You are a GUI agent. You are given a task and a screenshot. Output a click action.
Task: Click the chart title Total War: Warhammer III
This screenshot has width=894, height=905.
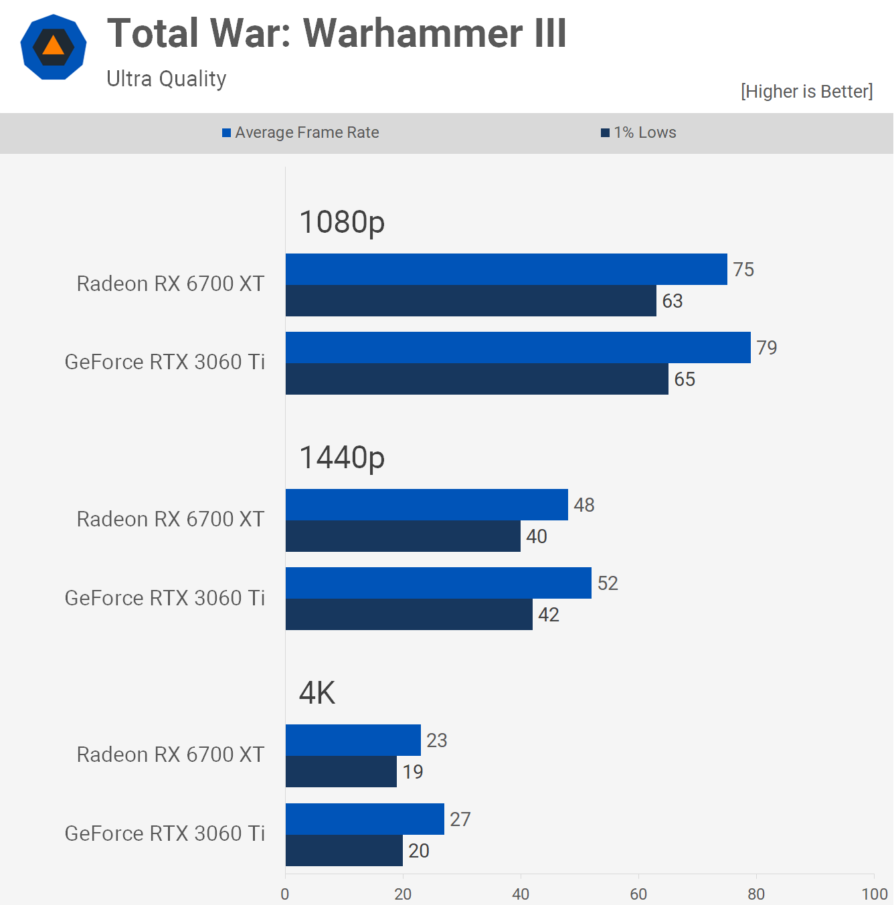(337, 33)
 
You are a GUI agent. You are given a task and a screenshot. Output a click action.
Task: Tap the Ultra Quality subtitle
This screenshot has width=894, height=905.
(167, 79)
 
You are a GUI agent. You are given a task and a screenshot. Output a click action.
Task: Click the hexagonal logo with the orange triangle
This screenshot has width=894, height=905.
(54, 47)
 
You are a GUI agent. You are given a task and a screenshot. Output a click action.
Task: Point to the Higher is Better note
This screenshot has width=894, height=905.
(806, 92)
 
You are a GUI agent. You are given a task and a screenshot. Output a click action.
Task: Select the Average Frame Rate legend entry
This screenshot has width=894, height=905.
(300, 132)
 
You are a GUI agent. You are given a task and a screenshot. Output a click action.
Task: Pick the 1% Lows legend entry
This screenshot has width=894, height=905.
(639, 132)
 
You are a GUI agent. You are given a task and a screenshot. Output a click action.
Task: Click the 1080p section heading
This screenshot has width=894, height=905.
(342, 222)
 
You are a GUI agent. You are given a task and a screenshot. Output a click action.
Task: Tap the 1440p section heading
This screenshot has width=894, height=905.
(342, 458)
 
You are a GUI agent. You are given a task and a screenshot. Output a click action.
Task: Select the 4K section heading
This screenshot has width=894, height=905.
(317, 693)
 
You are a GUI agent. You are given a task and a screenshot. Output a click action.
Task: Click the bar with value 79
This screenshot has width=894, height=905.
(518, 348)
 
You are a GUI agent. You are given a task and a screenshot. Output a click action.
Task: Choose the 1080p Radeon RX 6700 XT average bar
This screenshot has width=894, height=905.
(506, 270)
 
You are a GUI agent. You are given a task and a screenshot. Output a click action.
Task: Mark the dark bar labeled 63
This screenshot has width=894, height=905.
(470, 301)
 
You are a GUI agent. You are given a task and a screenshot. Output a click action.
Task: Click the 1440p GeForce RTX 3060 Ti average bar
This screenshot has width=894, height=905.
(438, 583)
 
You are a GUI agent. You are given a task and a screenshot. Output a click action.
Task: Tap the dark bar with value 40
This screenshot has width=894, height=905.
(403, 536)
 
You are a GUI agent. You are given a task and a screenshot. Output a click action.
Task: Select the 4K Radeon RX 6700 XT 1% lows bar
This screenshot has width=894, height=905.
(341, 772)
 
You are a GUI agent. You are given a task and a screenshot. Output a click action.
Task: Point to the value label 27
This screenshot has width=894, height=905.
(460, 819)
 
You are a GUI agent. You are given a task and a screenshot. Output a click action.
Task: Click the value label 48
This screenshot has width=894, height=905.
(584, 505)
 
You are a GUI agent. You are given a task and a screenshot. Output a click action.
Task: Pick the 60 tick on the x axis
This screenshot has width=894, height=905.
(638, 894)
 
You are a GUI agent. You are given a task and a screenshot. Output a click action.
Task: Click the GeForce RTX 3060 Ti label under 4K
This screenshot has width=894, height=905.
(165, 833)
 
